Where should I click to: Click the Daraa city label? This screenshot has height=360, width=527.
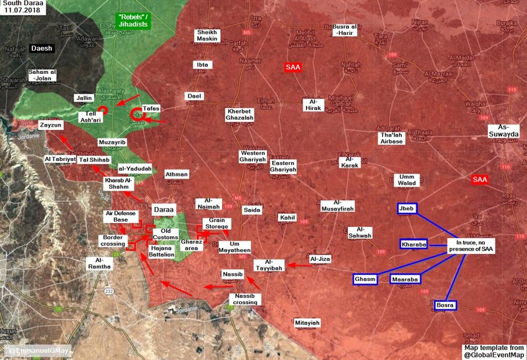pos(163,209)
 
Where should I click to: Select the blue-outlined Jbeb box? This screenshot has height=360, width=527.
pos(406,209)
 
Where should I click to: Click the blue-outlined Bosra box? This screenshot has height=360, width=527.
pos(446,305)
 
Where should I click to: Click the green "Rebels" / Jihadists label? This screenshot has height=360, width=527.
pos(134,20)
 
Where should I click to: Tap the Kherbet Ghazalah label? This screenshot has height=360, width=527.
pos(242,115)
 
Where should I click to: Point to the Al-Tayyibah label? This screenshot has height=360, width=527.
pos(268,265)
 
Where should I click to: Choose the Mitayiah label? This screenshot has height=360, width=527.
pos(307,323)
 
